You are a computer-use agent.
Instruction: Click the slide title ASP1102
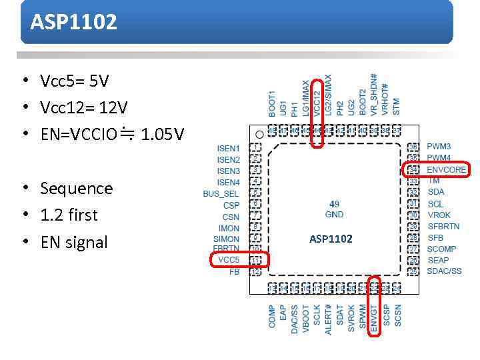pos(73,22)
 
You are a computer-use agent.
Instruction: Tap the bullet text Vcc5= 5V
pos(74,81)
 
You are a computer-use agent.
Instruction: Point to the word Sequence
pos(77,189)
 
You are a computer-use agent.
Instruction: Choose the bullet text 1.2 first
pos(69,215)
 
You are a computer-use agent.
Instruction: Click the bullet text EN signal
pos(74,242)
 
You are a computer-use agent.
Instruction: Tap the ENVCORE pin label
pos(446,169)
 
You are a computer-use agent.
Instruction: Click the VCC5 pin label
pos(229,260)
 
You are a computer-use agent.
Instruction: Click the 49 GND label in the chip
pos(334,209)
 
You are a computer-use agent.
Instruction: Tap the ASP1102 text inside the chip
pos(331,239)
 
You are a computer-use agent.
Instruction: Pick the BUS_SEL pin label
pos(221,194)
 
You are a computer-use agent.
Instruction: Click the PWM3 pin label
pos(439,147)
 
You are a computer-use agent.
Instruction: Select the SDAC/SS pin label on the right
pos(444,271)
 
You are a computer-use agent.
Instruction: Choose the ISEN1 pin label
pos(228,148)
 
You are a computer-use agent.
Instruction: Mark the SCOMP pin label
pos(441,249)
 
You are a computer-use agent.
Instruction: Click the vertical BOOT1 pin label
pos(272,104)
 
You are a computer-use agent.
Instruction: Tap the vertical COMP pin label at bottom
pos(272,316)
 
